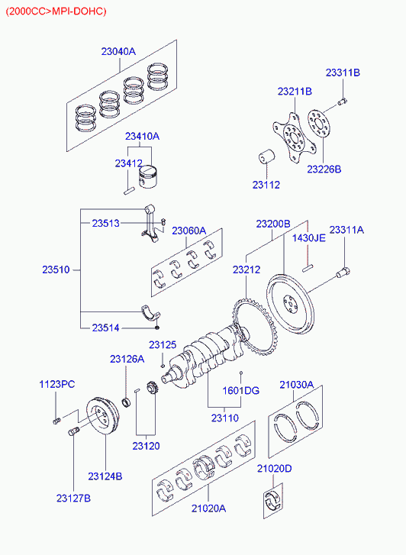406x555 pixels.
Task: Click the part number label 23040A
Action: point(118,52)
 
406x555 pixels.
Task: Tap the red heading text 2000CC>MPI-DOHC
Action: point(56,11)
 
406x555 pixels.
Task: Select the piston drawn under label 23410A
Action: point(148,177)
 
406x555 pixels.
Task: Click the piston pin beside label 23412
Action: point(129,190)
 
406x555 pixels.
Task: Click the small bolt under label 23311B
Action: point(342,102)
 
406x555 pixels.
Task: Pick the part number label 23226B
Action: point(324,169)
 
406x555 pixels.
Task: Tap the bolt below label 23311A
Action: point(343,273)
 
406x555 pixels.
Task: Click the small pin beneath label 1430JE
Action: point(308,269)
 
